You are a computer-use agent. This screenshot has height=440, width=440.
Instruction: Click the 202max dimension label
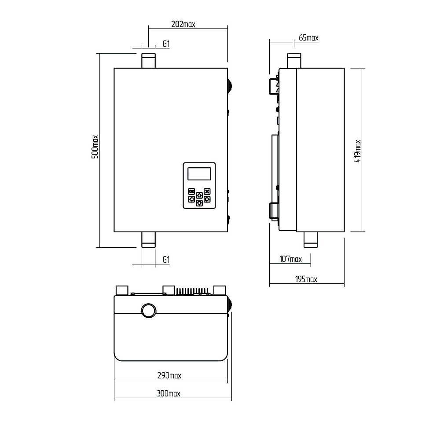pos(183,24)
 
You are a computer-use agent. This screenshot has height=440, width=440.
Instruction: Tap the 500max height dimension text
pos(95,147)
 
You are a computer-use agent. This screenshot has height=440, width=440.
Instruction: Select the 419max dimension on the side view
pos(357,151)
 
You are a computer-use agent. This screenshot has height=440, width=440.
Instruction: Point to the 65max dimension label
pos(309,37)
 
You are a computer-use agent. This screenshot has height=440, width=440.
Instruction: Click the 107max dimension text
pos(290,259)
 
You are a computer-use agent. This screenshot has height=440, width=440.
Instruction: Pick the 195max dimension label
pos(306,279)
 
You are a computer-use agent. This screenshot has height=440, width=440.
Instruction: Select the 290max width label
pos(169,375)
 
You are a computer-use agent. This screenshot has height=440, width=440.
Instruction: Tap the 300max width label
pos(169,393)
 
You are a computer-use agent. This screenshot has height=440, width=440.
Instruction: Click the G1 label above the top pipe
pos(166,44)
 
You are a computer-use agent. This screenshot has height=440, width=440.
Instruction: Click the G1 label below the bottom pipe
pos(166,260)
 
